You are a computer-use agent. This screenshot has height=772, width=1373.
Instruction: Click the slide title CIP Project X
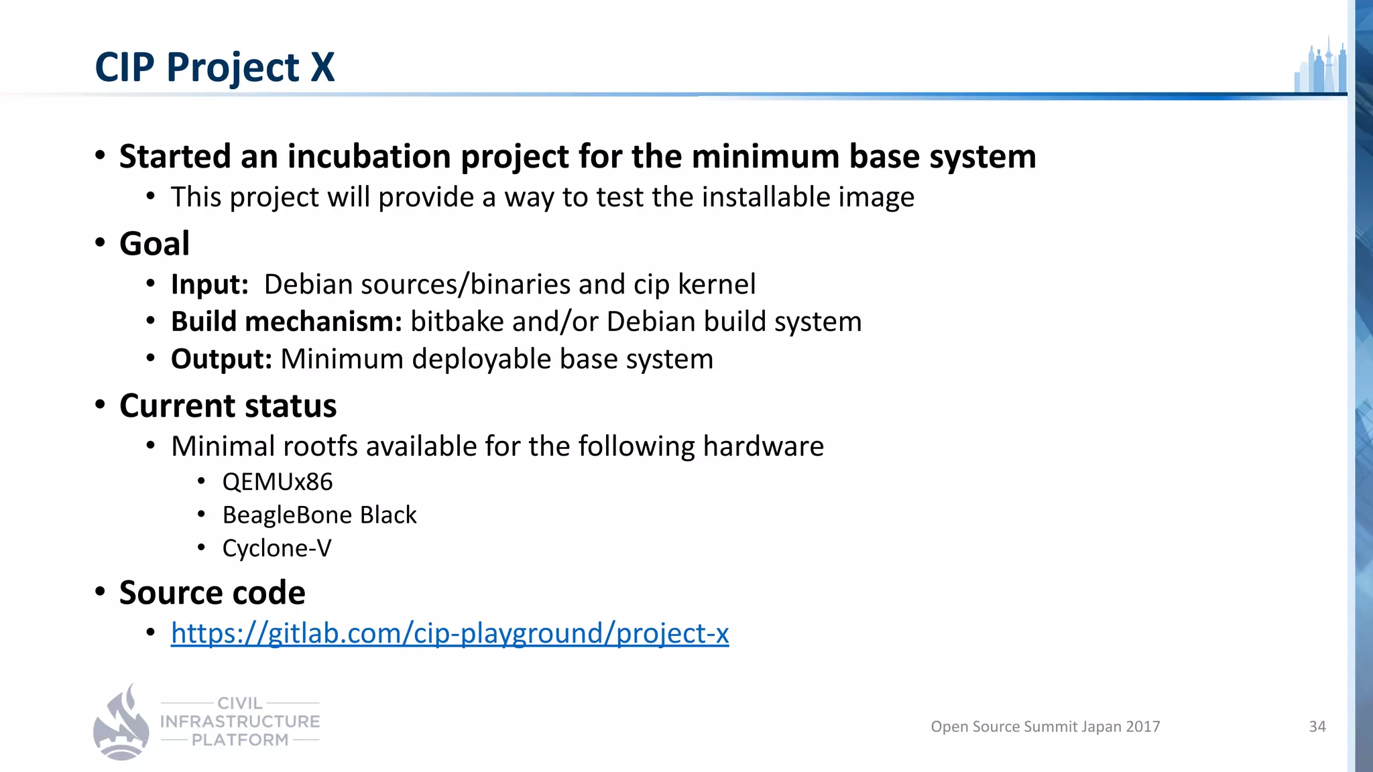[215, 67]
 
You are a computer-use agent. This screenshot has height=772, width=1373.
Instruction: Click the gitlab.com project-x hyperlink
[449, 633]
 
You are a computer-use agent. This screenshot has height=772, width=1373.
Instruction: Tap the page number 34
[1317, 726]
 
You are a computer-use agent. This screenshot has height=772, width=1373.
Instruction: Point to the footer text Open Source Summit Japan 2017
[1044, 726]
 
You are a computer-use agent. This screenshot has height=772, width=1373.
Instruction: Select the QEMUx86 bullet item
[277, 482]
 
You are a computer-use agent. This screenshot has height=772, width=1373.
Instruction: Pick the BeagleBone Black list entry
[319, 515]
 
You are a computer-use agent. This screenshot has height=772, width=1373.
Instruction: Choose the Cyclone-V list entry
[276, 548]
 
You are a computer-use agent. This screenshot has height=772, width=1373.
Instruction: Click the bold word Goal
[154, 243]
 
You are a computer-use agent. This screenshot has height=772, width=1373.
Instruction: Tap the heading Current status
[228, 406]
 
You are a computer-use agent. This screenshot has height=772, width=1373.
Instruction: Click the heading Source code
[212, 592]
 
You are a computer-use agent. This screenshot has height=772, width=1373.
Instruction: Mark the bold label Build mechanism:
[286, 322]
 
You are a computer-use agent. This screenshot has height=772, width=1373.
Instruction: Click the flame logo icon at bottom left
[121, 722]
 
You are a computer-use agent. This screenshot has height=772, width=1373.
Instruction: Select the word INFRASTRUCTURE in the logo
[240, 722]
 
